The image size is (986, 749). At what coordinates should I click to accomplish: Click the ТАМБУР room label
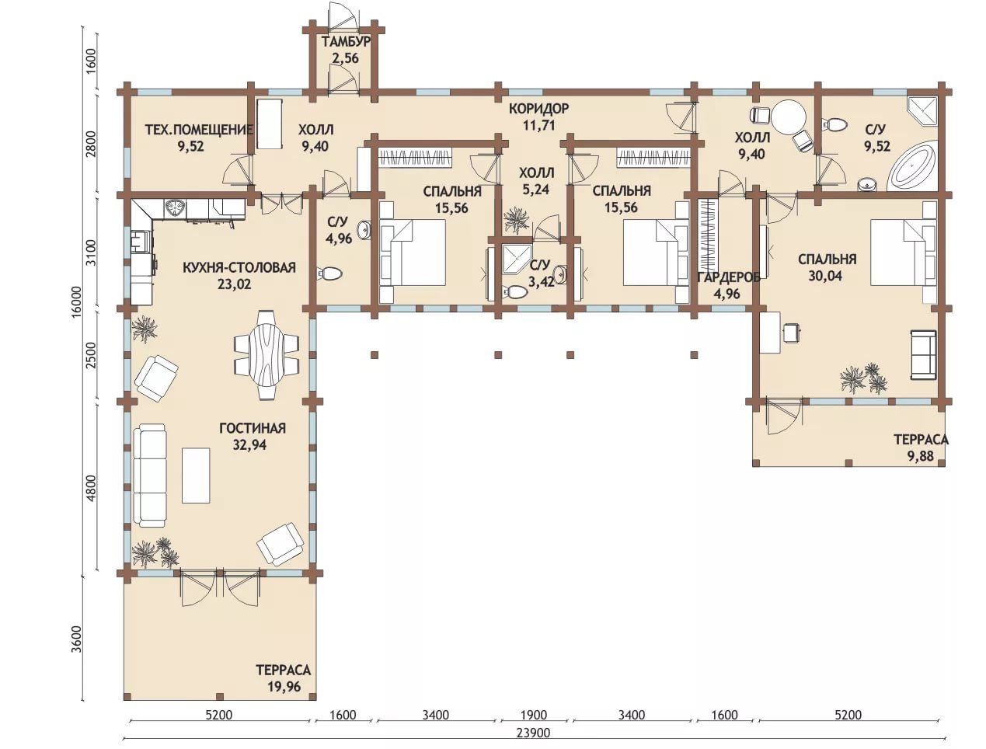tap(346, 42)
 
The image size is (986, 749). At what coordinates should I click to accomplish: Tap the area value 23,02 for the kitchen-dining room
tap(235, 284)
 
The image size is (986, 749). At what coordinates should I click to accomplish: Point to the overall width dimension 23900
tap(533, 733)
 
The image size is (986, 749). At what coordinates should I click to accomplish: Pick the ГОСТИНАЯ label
tap(253, 428)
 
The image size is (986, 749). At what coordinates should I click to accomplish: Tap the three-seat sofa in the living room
tap(150, 476)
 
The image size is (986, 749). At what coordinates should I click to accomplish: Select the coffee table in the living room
tap(196, 476)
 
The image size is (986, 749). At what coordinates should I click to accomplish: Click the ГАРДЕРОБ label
tap(729, 277)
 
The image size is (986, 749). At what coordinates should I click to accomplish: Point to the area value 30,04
tap(825, 276)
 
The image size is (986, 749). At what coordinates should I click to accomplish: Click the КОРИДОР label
tap(539, 108)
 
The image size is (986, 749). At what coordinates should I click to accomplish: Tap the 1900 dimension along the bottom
tap(534, 715)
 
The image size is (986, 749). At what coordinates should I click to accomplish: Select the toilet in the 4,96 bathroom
tap(329, 273)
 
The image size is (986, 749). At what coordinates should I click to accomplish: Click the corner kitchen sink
tap(174, 207)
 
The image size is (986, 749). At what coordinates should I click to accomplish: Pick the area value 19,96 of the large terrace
tap(284, 686)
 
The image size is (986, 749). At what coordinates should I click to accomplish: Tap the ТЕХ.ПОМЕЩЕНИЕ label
tap(199, 130)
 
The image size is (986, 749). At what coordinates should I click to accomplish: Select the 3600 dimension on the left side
tap(77, 639)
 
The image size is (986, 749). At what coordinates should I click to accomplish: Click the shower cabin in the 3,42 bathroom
tap(517, 259)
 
